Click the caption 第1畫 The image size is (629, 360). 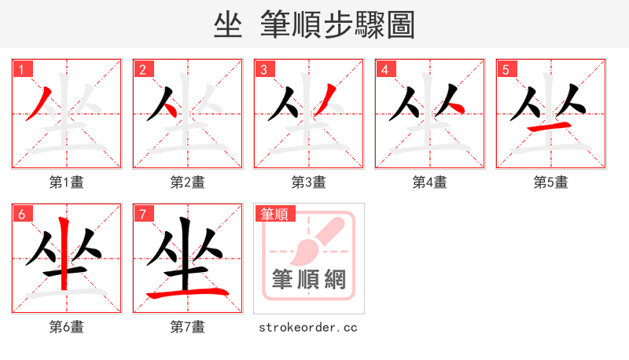67,182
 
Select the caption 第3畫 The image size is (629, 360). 309,182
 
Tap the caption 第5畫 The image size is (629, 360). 551,182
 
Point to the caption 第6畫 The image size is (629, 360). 67,326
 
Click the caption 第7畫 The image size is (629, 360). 188,326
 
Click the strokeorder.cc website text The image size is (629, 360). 308,326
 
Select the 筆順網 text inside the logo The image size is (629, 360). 308,279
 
